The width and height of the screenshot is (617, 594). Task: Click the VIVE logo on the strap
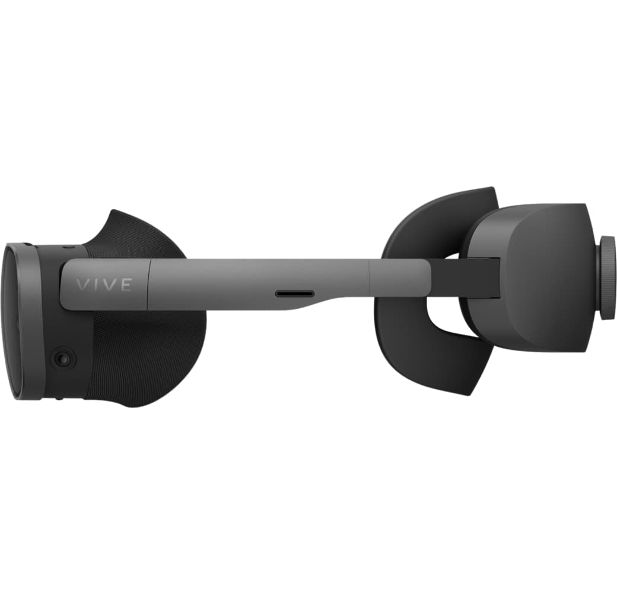(x=103, y=285)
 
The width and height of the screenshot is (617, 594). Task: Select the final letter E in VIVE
(x=125, y=285)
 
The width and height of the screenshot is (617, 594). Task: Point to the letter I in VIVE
(x=96, y=285)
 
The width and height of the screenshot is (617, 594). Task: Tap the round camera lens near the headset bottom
(x=62, y=358)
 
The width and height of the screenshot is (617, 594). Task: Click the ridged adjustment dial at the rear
(x=607, y=277)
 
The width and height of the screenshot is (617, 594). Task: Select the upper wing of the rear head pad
(x=439, y=220)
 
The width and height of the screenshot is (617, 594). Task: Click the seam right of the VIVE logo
(x=148, y=284)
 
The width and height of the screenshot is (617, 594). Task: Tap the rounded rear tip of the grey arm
(x=426, y=276)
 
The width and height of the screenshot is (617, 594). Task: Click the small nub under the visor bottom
(x=58, y=399)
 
